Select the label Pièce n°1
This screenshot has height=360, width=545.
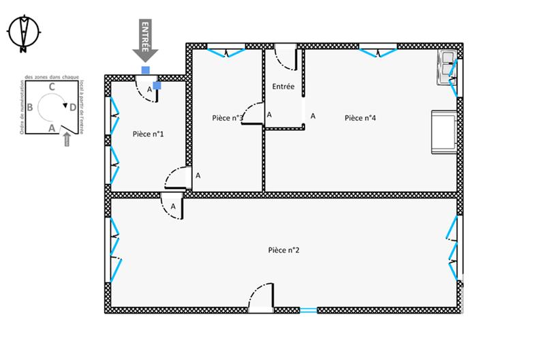148,134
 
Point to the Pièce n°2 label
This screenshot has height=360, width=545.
284,250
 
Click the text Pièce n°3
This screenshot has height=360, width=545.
228,118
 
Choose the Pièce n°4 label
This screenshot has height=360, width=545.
360,118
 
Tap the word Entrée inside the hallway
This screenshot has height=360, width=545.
283,87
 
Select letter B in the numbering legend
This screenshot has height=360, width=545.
29,107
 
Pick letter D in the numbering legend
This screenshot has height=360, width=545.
73,106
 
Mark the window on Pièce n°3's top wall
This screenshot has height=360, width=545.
226,50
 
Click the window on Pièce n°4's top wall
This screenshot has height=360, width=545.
378,50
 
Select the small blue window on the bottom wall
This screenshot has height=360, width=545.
308,310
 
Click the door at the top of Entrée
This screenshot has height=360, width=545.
285,57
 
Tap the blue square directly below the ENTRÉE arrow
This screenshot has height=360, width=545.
145,70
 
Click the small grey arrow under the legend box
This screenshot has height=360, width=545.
66,139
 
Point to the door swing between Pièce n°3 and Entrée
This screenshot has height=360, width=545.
253,112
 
